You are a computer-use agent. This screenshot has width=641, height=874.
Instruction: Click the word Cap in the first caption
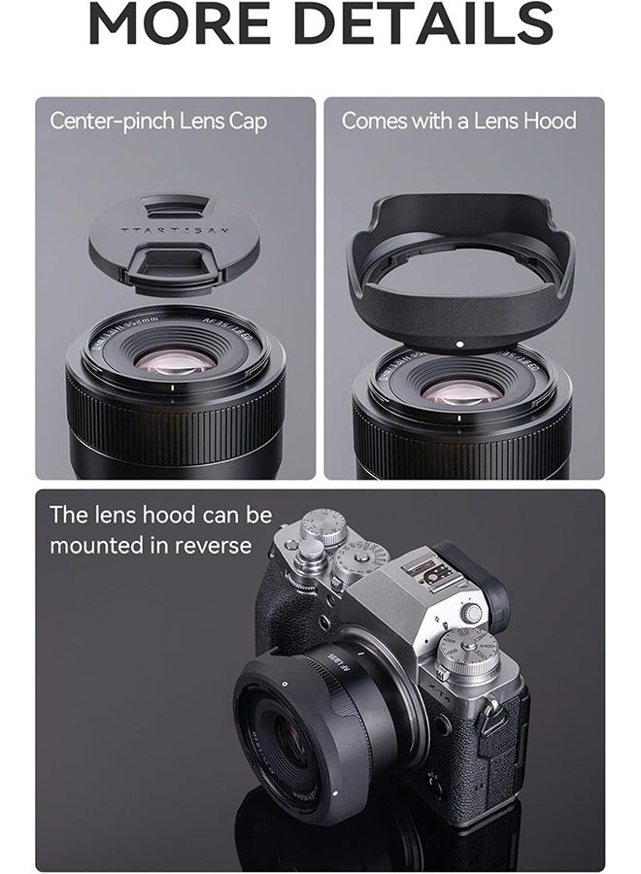[x=246, y=121]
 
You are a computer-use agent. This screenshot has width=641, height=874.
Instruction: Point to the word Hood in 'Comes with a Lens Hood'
[x=549, y=121]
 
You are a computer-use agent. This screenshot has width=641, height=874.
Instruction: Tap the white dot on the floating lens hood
[x=457, y=344]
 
